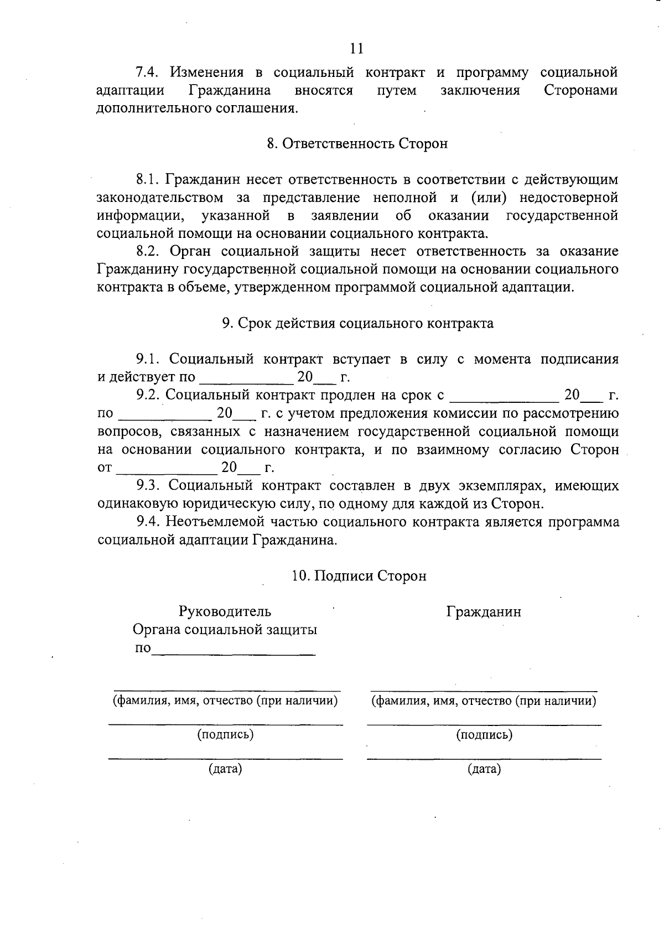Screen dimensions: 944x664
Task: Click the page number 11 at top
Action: (x=357, y=49)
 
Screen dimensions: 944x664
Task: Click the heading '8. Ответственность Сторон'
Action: (x=357, y=144)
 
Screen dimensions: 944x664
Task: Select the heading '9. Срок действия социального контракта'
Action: (x=357, y=324)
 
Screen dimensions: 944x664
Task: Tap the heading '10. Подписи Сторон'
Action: (x=359, y=576)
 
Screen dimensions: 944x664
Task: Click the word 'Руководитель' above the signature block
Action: (x=225, y=611)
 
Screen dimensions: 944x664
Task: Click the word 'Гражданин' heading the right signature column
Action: (x=484, y=612)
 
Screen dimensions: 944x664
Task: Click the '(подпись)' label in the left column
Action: (x=225, y=735)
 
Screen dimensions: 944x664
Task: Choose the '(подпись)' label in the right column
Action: (x=484, y=735)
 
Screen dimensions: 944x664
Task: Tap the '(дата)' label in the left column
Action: (x=225, y=769)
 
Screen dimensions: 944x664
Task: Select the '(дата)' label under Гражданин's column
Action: (x=484, y=769)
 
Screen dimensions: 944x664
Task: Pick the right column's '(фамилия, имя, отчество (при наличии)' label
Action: (x=484, y=701)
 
